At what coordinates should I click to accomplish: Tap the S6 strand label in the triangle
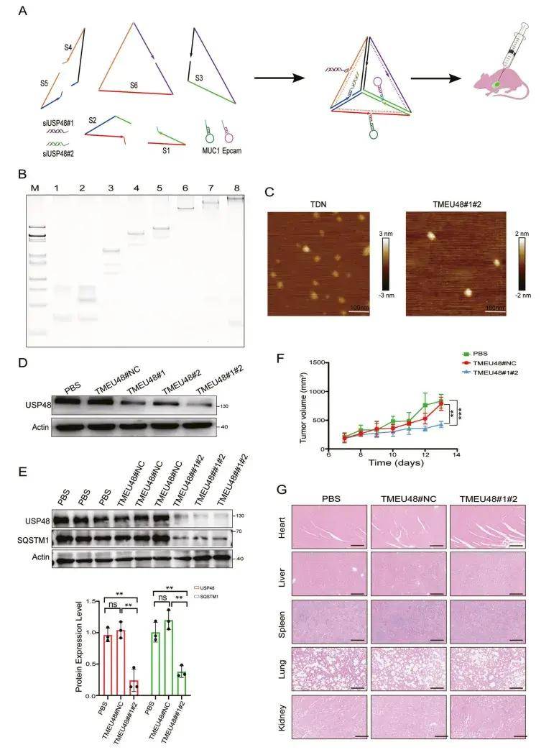click(x=134, y=84)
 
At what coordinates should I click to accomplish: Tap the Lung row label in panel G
click(x=284, y=667)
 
